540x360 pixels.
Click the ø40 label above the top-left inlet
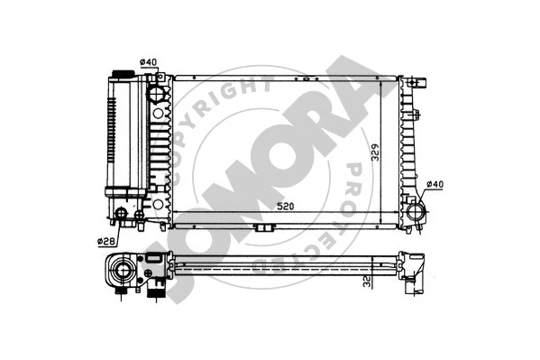click(148, 61)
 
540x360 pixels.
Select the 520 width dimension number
click(285, 207)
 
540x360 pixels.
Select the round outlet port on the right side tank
click(416, 214)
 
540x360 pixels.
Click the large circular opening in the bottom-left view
click(120, 269)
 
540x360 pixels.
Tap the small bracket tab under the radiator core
click(263, 226)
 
